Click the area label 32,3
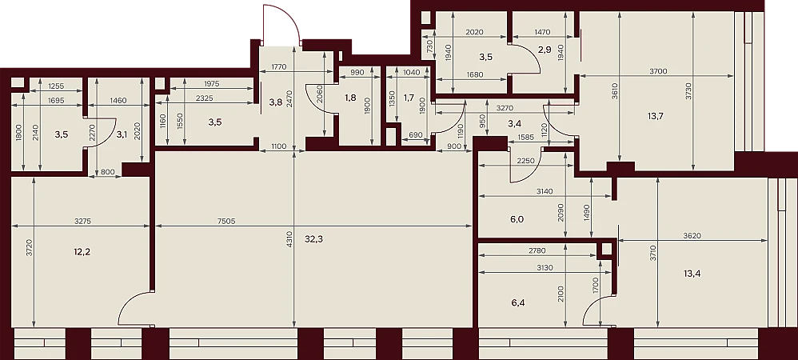point(313,239)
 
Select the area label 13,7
point(656,115)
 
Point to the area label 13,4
point(692,274)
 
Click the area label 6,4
point(518,303)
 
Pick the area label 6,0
point(517,219)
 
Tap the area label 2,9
point(544,50)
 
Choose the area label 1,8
point(350,98)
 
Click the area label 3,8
point(275,101)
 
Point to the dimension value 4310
point(289,239)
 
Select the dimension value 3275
point(83,222)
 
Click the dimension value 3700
point(657,71)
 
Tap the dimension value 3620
point(692,235)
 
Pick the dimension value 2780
point(538,250)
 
